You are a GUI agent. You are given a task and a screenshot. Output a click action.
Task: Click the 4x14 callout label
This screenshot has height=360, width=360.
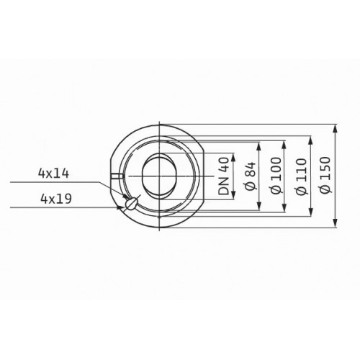(x=53, y=174)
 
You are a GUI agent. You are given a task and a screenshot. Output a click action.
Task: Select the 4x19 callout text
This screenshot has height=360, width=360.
(x=56, y=199)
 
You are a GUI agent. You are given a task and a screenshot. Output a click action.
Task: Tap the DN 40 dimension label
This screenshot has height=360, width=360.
(x=224, y=176)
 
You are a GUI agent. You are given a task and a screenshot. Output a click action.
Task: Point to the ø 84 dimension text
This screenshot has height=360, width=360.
(x=251, y=176)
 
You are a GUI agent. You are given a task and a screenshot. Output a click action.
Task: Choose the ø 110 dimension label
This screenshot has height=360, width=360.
(x=301, y=176)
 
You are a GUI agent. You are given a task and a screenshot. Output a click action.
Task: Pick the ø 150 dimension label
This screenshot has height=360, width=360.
(x=325, y=175)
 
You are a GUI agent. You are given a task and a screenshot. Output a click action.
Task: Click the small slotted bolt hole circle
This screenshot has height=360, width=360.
(x=131, y=204)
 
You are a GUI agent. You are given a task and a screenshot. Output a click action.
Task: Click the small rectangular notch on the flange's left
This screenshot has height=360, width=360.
(x=117, y=176)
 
